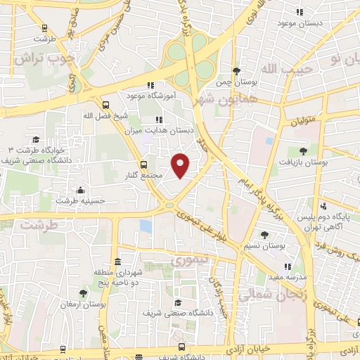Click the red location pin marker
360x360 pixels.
[x=181, y=165]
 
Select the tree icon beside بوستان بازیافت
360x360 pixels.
[x=303, y=150]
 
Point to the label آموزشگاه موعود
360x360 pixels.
[x=150, y=94]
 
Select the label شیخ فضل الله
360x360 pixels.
[x=105, y=116]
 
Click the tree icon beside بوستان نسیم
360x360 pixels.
[x=264, y=235]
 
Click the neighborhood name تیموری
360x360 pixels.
[x=187, y=260]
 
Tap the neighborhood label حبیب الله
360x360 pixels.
[x=267, y=68]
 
